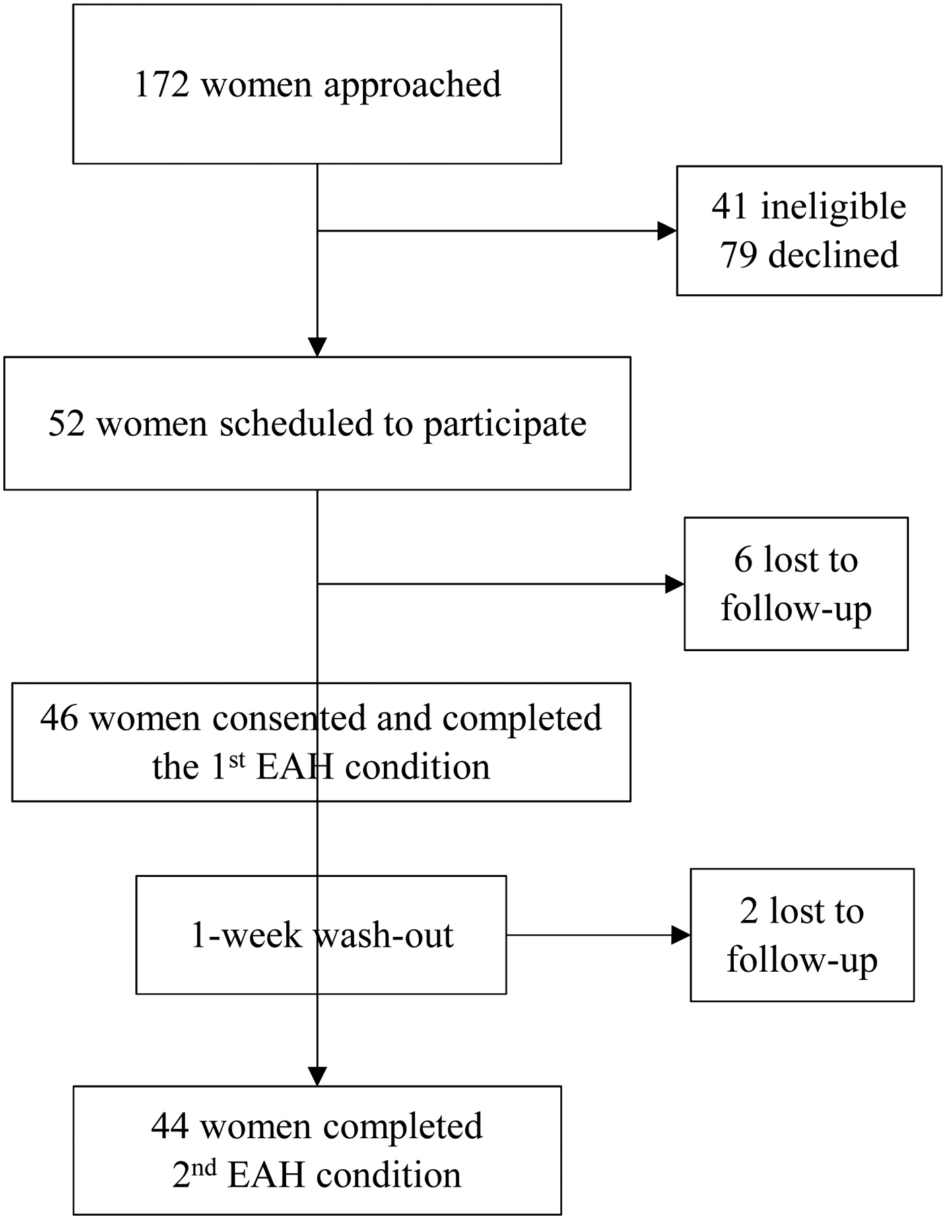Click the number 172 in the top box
(162, 85)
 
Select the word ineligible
(833, 207)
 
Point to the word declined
(833, 255)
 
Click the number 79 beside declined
(739, 255)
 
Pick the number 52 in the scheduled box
(67, 424)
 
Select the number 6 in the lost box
(743, 560)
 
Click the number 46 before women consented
(59, 718)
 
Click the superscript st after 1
(236, 760)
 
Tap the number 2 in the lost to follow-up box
(749, 912)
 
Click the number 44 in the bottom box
(170, 1126)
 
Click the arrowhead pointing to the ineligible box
(667, 231)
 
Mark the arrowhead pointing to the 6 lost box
(674, 584)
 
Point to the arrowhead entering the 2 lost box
(680, 935)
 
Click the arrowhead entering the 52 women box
(317, 347)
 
